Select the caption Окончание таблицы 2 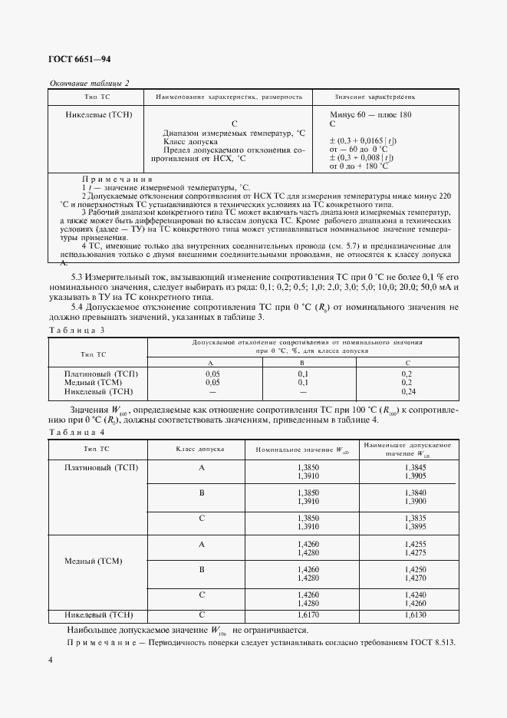click(89, 83)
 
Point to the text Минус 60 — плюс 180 click(370, 114)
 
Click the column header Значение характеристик click(375, 98)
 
